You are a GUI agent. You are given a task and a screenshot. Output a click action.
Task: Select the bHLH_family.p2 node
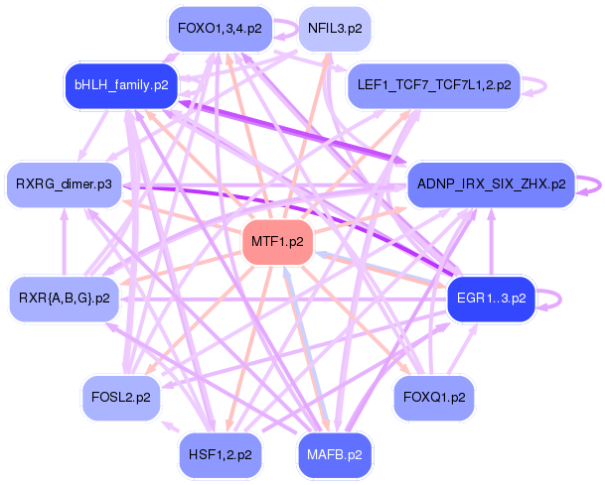point(119,85)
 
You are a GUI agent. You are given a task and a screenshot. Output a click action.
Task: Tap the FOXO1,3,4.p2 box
point(220,29)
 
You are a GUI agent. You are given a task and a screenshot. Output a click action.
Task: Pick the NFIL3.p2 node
point(333,29)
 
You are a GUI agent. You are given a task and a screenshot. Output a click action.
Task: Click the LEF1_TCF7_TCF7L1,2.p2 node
point(433,85)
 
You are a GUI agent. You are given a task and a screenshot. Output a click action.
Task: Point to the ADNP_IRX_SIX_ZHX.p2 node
point(491,184)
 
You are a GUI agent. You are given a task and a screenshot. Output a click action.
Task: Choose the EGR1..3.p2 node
point(492,297)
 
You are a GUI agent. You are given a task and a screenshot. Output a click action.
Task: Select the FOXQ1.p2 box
point(434,397)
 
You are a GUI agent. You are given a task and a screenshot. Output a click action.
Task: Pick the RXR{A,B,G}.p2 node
point(65,297)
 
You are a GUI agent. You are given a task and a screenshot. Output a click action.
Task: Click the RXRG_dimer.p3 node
point(65,184)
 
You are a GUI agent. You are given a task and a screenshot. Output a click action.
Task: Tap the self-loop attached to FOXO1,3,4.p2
point(284,29)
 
